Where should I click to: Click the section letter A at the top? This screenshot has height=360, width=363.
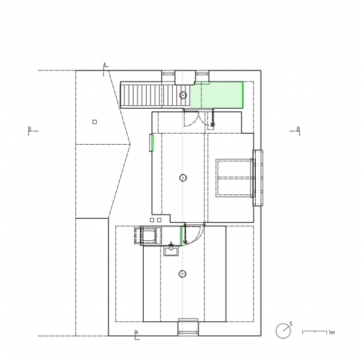(105, 64)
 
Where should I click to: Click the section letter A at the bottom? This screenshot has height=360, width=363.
(137, 332)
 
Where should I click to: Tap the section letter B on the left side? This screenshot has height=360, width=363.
(30, 128)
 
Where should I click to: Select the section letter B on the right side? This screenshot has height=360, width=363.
(299, 128)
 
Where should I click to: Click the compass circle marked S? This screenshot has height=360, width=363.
(283, 331)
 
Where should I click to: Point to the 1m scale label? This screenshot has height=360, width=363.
(331, 332)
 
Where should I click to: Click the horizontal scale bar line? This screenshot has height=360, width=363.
(315, 331)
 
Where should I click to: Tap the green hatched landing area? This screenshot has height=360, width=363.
(216, 95)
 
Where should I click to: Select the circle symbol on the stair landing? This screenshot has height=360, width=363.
(183, 95)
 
